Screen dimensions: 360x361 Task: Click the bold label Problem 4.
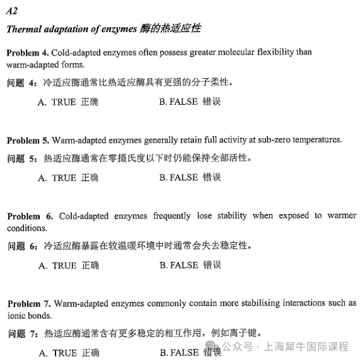pyautogui.click(x=27, y=52)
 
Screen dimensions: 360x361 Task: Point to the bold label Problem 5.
pyautogui.click(x=27, y=139)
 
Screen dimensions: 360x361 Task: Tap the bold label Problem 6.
pyautogui.click(x=28, y=216)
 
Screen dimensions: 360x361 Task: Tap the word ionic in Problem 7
pyautogui.click(x=16, y=316)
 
